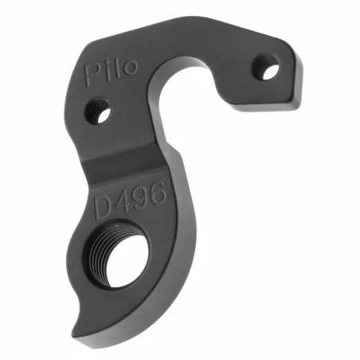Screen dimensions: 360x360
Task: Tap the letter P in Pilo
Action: click(x=93, y=73)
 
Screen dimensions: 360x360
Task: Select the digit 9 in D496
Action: click(x=139, y=198)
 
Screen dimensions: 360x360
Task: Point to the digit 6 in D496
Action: click(x=157, y=192)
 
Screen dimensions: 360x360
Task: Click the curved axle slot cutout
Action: click(x=187, y=104)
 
